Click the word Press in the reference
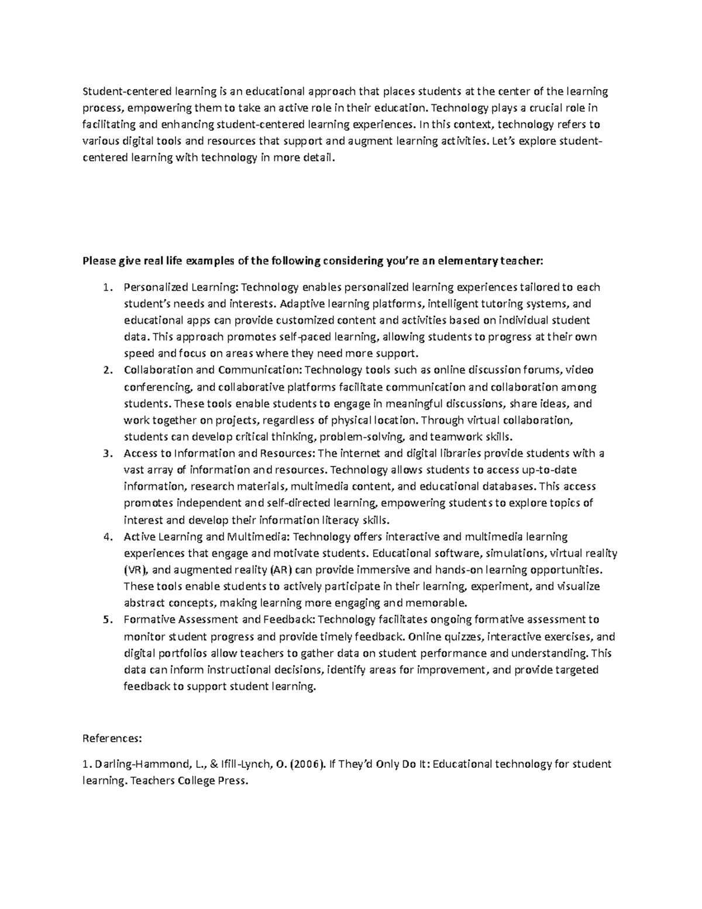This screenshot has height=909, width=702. (x=232, y=781)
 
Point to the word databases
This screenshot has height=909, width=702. (x=507, y=486)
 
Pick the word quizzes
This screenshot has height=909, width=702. (x=463, y=637)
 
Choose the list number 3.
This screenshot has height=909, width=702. (x=106, y=454)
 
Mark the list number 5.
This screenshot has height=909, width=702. (x=106, y=620)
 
